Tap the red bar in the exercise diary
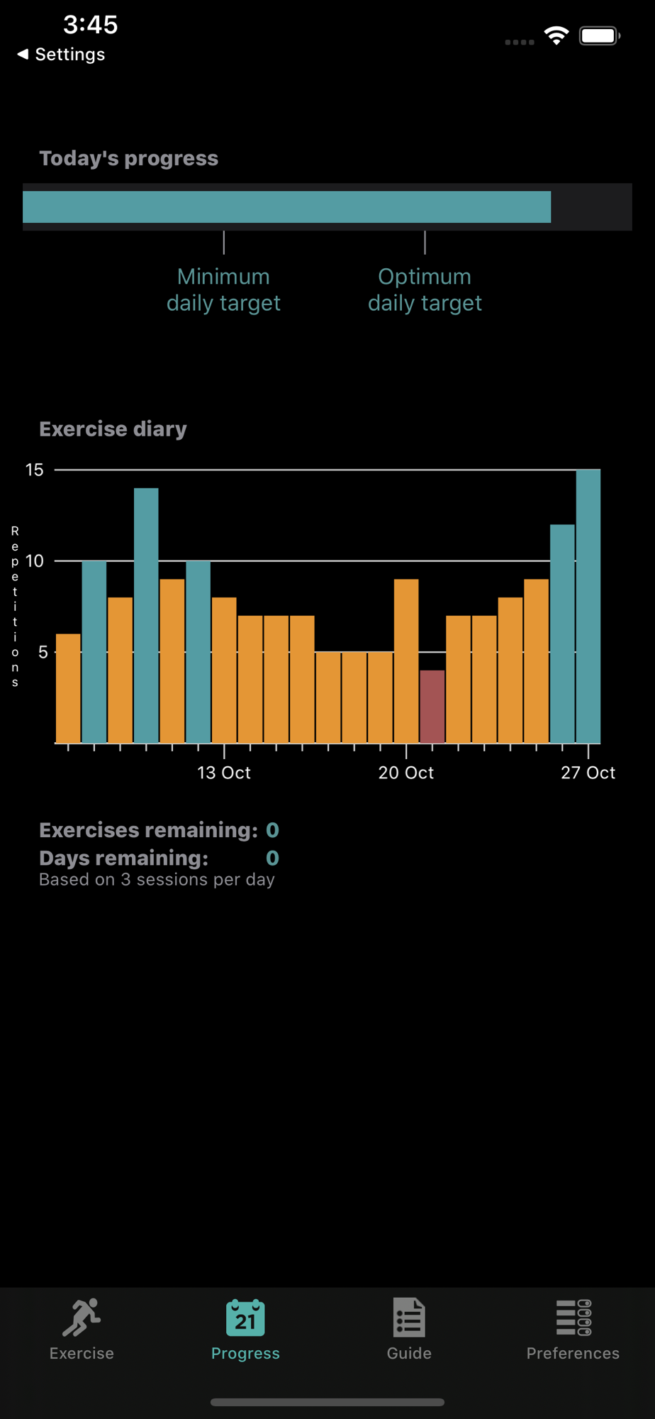coord(432,707)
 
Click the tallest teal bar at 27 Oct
coord(588,607)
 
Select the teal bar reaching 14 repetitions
coord(146,616)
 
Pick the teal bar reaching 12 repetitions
coord(562,634)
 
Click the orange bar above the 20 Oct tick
coord(406,661)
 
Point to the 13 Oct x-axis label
coord(224,773)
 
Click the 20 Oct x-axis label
coord(406,773)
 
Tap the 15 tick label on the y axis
coord(34,470)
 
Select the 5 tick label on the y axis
coord(43,652)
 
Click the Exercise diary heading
coord(113,429)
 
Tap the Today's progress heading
coord(129,158)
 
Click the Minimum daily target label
coord(223,289)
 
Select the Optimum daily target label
coord(425,289)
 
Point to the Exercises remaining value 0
coord(272,830)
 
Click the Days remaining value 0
coord(272,858)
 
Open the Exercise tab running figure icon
coord(82,1318)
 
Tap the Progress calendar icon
coord(245,1318)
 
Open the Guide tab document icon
coord(409,1318)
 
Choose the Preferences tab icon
coord(573,1318)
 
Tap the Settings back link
coord(62,55)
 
